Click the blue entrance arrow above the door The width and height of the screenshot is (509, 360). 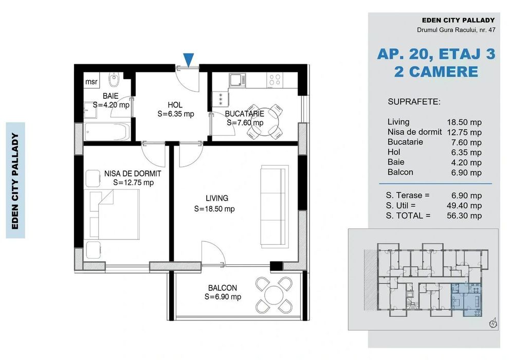click(x=188, y=60)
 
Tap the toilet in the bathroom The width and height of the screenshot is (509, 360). click(x=114, y=79)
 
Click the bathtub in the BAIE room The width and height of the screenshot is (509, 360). click(x=107, y=132)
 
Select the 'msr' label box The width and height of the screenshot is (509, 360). click(x=91, y=82)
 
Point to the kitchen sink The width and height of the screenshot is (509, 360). click(x=238, y=80)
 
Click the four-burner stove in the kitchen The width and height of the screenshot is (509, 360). click(x=275, y=80)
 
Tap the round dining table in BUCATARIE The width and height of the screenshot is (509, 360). click(x=265, y=122)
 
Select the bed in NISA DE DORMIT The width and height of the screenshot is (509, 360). click(x=112, y=214)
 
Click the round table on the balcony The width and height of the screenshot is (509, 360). click(x=275, y=295)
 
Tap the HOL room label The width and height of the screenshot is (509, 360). click(x=175, y=105)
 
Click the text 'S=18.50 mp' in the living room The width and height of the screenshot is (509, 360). click(x=214, y=209)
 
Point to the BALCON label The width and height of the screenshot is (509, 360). click(x=222, y=288)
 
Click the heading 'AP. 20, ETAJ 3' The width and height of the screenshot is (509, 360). click(x=437, y=54)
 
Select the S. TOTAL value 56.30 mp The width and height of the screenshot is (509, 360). click(x=464, y=216)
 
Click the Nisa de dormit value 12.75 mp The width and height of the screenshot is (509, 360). click(x=464, y=133)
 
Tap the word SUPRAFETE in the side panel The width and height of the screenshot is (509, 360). click(x=414, y=102)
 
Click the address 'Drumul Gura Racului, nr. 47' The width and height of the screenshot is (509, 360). click(x=456, y=30)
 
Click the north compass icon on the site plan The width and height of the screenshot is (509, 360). click(x=493, y=323)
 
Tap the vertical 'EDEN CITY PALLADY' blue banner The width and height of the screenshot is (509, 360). click(x=15, y=181)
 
